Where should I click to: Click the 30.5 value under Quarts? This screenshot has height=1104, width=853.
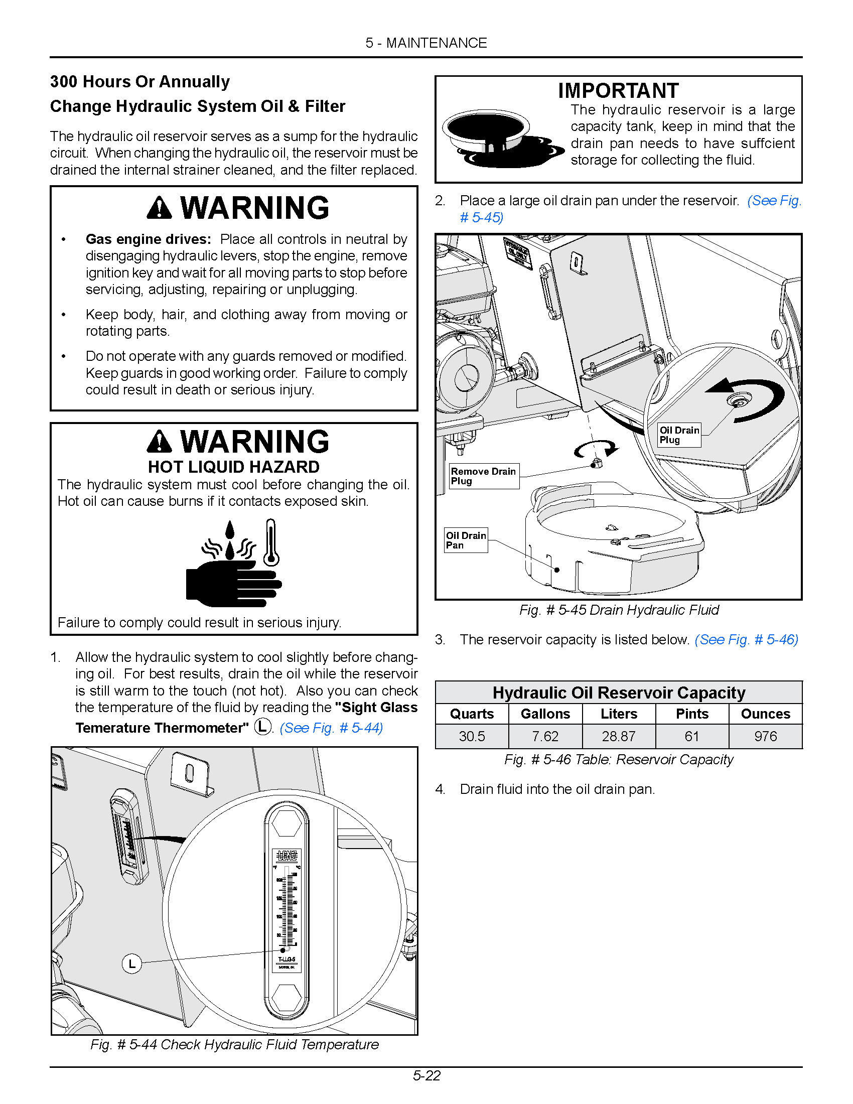[x=472, y=736]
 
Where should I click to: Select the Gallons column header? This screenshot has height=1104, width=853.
[x=545, y=714]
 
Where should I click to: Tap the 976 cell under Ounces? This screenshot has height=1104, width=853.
[x=765, y=736]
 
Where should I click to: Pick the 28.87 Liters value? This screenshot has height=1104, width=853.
[x=619, y=736]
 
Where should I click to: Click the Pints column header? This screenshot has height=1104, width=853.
[x=692, y=714]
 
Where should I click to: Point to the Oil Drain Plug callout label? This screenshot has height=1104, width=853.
[x=679, y=435]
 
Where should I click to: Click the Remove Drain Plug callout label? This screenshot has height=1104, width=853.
[x=484, y=476]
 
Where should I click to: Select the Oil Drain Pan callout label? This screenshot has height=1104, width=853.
[x=466, y=540]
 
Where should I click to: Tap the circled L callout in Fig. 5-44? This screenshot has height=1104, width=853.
[x=132, y=963]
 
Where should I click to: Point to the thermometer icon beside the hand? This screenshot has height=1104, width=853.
[x=271, y=542]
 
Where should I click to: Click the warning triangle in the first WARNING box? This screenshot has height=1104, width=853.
[x=160, y=208]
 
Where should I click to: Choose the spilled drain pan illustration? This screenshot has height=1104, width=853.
[x=500, y=139]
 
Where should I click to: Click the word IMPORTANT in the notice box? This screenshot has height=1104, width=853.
[x=618, y=91]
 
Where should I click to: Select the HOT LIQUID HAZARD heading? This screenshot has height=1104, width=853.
[x=233, y=467]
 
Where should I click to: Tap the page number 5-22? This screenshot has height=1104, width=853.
[x=426, y=1075]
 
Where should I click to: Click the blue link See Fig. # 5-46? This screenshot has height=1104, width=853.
[x=747, y=639]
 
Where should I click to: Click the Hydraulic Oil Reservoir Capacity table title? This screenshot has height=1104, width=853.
[x=619, y=692]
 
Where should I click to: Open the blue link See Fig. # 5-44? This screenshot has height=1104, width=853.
[x=331, y=728]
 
